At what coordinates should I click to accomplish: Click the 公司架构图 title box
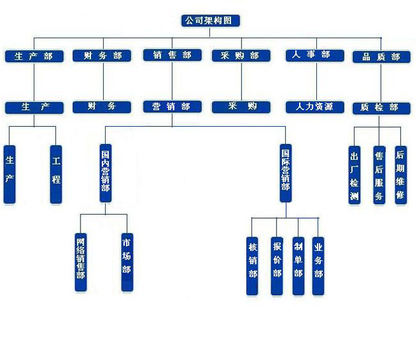click(211, 20)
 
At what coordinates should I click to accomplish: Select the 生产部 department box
click(34, 56)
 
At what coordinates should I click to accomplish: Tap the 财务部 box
click(102, 55)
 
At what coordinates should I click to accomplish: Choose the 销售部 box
click(172, 55)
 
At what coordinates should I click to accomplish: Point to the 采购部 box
click(241, 55)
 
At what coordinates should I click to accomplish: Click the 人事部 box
click(315, 55)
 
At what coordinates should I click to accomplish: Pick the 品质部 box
click(382, 57)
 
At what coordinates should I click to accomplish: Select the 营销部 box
click(172, 106)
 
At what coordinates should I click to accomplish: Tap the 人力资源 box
click(315, 107)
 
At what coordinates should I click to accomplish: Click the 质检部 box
click(382, 108)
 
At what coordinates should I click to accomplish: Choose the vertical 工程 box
click(56, 174)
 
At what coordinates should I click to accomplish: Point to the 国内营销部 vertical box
click(106, 173)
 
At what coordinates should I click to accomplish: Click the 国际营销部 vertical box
click(286, 173)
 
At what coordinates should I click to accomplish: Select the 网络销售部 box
click(81, 262)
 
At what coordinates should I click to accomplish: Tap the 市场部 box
click(127, 262)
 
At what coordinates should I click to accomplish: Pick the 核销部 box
click(252, 266)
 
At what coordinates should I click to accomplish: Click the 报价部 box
click(277, 266)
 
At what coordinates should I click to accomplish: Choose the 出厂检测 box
click(355, 175)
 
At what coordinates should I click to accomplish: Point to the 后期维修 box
click(401, 175)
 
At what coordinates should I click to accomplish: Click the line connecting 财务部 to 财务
click(103, 81)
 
